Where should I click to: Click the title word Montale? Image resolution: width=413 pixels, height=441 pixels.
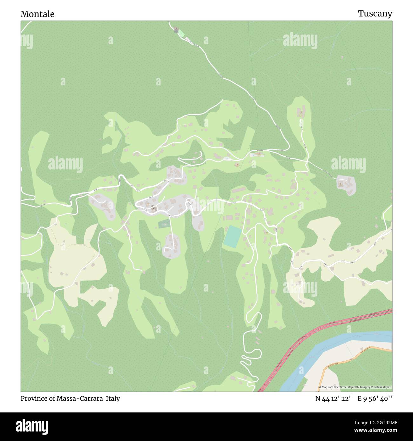[x=37, y=14]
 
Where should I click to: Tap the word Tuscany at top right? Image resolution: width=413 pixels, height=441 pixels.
[x=375, y=14]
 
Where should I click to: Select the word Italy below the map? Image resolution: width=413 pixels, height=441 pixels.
[x=113, y=398]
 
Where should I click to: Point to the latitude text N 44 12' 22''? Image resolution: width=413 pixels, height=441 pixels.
[x=334, y=398]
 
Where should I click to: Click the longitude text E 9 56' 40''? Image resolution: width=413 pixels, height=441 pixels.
[x=375, y=398]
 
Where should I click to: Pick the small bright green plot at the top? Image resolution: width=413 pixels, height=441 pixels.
[x=180, y=33]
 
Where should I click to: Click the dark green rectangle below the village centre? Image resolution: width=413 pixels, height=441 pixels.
[x=164, y=224]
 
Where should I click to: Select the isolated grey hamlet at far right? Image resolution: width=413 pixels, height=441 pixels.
[x=346, y=185]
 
